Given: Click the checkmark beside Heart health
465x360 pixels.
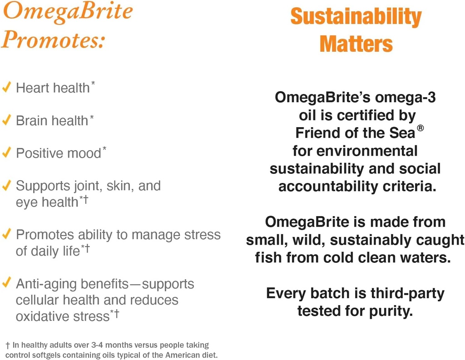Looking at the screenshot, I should pos(6,87).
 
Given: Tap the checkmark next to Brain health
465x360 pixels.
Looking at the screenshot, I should pos(6,120).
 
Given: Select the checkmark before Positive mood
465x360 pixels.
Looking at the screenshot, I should pos(6,153).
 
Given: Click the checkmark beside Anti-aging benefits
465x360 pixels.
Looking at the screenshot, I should pos(6,284).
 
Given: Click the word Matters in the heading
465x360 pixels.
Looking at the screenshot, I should pos(356,44).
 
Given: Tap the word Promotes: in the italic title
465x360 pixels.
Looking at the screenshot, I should pos(54,40).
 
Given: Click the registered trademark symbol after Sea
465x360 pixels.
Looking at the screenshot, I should pos(420,128).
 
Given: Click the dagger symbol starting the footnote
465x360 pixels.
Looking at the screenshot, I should pos(8,345).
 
